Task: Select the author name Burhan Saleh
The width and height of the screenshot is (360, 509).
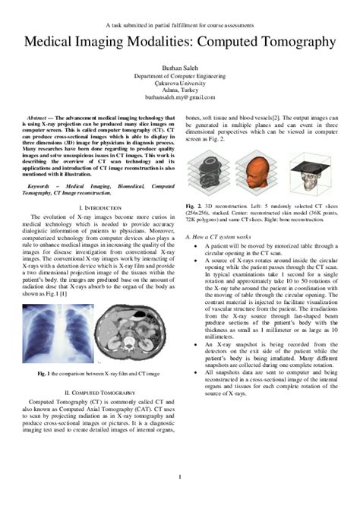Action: tap(179, 68)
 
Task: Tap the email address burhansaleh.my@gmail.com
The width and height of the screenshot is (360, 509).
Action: tap(179, 98)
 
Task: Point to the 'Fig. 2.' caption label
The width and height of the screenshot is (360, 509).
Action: tap(193, 205)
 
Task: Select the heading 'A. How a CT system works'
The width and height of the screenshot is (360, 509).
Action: tap(220, 238)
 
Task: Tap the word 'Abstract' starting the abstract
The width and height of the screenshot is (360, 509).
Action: tap(38, 120)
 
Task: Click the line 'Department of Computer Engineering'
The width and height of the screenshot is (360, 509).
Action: tap(179, 76)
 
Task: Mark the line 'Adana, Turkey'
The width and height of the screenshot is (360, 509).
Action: tap(179, 91)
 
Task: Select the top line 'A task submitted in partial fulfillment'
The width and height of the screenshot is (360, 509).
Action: tap(179, 25)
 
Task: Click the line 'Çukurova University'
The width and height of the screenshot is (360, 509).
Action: tap(179, 84)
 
